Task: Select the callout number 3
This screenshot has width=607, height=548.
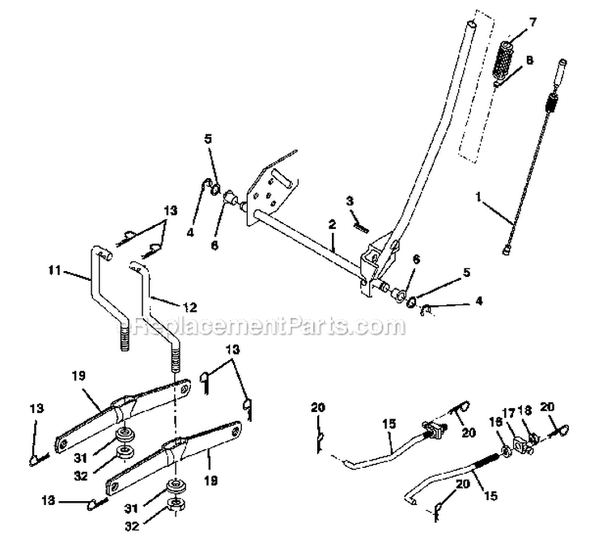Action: pyautogui.click(x=350, y=200)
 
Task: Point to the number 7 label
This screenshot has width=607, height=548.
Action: pyautogui.click(x=533, y=20)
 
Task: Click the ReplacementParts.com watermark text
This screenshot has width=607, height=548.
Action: pyautogui.click(x=270, y=327)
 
